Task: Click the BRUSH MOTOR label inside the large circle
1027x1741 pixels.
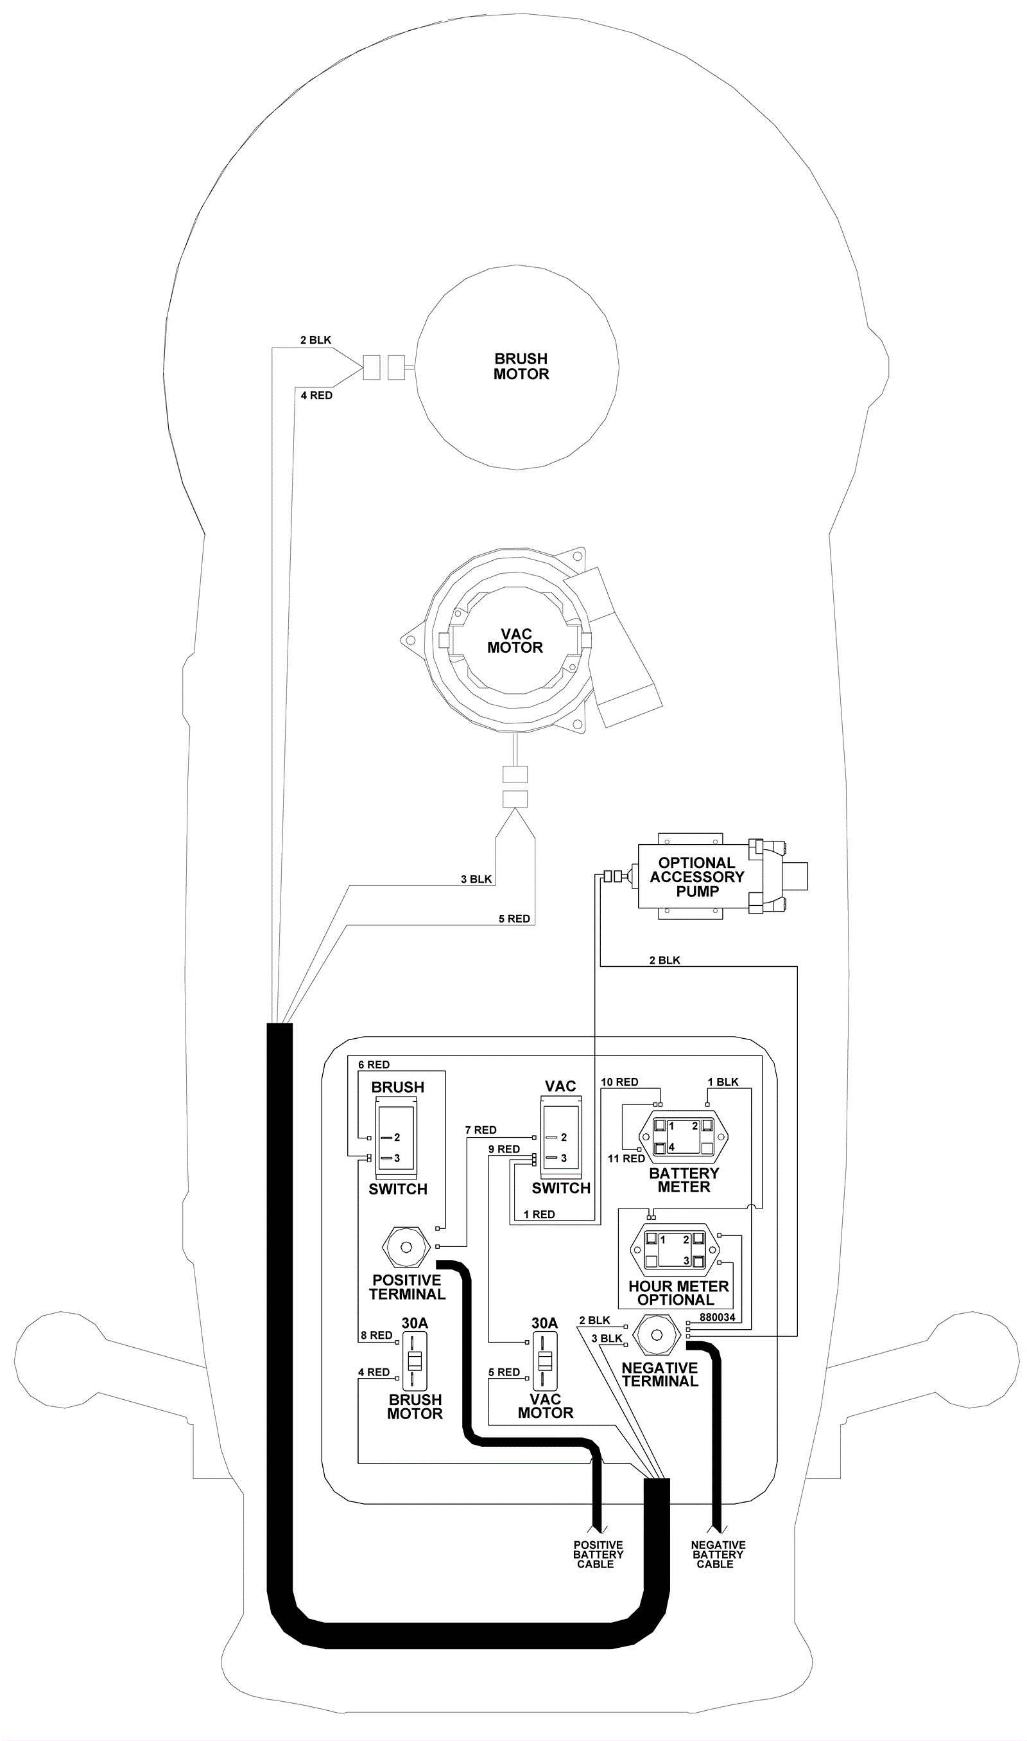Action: pyautogui.click(x=521, y=366)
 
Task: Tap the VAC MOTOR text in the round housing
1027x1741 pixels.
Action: pyautogui.click(x=515, y=641)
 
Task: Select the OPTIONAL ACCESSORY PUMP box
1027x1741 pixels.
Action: pyautogui.click(x=697, y=877)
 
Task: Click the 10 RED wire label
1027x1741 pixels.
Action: pyautogui.click(x=619, y=1082)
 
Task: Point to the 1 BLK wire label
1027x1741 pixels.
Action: pyautogui.click(x=723, y=1082)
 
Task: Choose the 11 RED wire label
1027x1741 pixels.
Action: pyautogui.click(x=626, y=1158)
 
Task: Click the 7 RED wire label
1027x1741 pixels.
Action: pyautogui.click(x=480, y=1129)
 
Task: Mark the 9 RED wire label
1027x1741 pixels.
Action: pyautogui.click(x=504, y=1149)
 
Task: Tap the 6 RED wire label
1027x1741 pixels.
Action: pyautogui.click(x=374, y=1065)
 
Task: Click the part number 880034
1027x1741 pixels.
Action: pyautogui.click(x=717, y=1317)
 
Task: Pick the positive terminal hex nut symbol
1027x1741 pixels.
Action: pyautogui.click(x=406, y=1246)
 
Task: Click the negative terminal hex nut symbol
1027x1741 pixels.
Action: pyautogui.click(x=657, y=1334)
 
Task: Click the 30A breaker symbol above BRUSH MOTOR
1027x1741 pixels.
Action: pyautogui.click(x=415, y=1360)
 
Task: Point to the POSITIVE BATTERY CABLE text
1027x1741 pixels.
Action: pyautogui.click(x=598, y=1554)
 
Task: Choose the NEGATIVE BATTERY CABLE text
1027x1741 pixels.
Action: pyautogui.click(x=718, y=1554)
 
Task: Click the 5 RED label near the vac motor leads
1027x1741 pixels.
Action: pyautogui.click(x=514, y=919)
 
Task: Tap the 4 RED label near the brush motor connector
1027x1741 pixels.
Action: pyautogui.click(x=316, y=396)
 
